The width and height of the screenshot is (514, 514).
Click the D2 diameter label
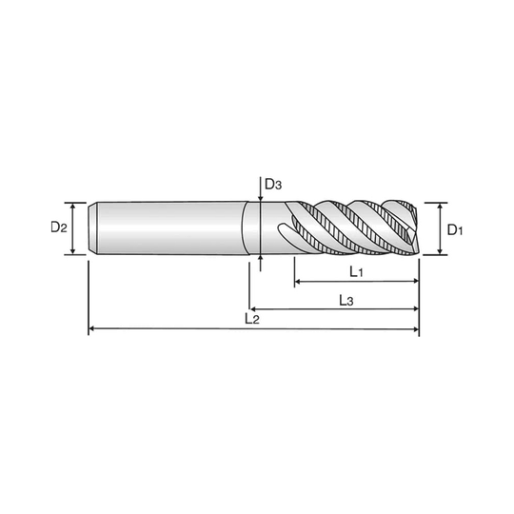[x=58, y=227]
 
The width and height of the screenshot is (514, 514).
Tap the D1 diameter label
[x=454, y=228]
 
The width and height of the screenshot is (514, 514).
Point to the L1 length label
[x=355, y=272]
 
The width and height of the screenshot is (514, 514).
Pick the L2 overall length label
[x=252, y=317]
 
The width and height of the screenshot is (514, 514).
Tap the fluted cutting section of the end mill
[x=352, y=227]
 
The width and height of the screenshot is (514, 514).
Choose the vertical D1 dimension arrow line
[x=439, y=228]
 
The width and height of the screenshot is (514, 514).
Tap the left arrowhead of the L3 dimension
[x=262, y=309]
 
